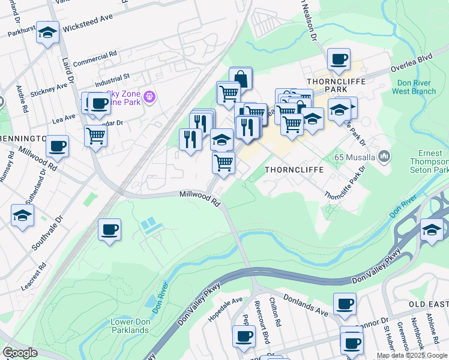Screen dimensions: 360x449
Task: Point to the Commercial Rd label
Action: click(94, 59)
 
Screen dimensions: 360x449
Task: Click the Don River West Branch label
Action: click(414, 87)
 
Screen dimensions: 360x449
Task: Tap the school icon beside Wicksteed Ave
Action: click(47, 32)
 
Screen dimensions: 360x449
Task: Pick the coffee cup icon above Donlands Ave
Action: click(345, 304)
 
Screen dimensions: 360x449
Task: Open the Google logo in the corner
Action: click(20, 353)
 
